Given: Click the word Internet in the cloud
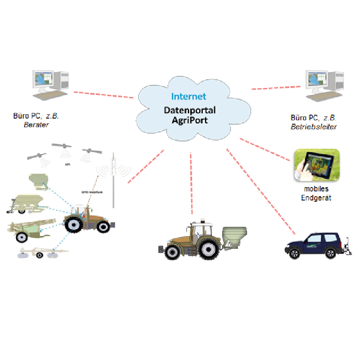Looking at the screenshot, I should [x=189, y=97].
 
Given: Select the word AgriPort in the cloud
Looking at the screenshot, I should [x=189, y=119].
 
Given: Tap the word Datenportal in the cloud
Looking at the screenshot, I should [x=189, y=110].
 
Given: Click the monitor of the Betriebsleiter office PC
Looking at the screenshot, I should [x=316, y=80].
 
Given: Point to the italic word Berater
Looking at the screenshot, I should [x=36, y=125].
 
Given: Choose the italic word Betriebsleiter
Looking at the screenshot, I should [x=314, y=127].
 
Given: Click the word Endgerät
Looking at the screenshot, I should [x=316, y=198].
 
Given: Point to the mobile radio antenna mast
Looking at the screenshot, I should [x=114, y=181].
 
